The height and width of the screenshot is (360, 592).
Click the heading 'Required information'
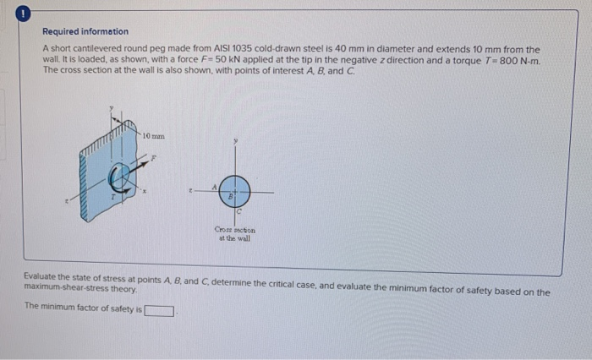point(85,31)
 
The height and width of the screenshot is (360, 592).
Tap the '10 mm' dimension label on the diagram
point(153,135)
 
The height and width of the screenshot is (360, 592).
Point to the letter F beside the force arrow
point(153,157)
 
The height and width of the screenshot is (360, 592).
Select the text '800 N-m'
point(518,61)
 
